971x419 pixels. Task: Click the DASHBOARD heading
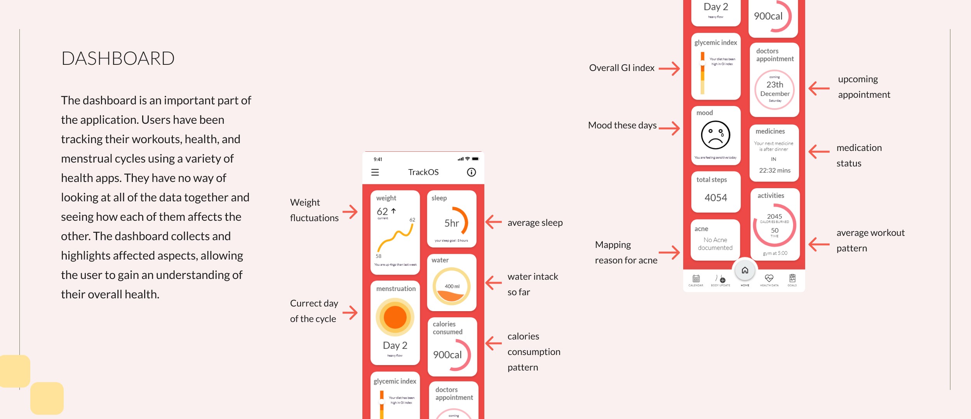click(x=118, y=59)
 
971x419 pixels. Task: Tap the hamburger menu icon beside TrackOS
click(x=375, y=172)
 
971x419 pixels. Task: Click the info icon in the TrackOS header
click(x=471, y=172)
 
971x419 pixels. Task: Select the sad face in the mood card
click(x=715, y=135)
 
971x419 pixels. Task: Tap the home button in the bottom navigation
click(x=745, y=270)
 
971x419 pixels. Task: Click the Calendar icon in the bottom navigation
click(x=696, y=279)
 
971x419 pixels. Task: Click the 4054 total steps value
click(x=716, y=198)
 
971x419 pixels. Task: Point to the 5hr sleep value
click(x=452, y=223)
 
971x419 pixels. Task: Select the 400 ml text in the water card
click(x=452, y=286)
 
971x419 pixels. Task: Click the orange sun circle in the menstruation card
click(x=395, y=317)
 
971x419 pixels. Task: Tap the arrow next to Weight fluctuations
click(x=350, y=212)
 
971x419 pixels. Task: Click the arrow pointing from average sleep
click(x=494, y=222)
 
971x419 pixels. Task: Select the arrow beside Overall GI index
click(x=669, y=69)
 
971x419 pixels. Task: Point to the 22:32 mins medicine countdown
click(x=774, y=170)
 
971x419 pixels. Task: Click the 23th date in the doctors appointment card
click(x=774, y=85)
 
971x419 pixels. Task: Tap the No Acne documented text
click(x=715, y=244)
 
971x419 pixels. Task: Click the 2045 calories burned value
click(x=774, y=216)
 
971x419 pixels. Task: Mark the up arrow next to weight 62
click(x=393, y=211)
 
